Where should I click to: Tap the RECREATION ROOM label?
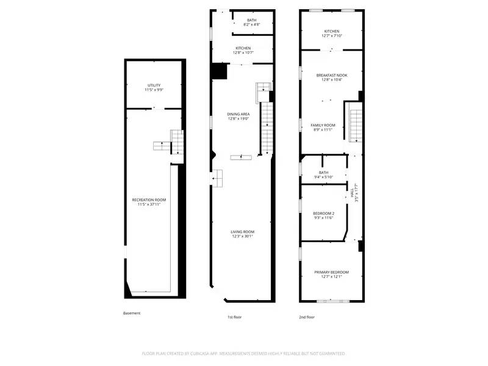pos(149,199)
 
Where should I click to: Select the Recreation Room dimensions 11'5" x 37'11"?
pos(149,204)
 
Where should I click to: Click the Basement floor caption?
pos(132,313)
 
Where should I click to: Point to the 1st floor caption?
pos(234,317)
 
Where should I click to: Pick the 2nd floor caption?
pos(307,317)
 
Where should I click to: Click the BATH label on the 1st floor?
pos(251,20)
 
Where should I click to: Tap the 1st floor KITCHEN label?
pos(243,48)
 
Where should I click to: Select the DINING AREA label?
pos(239,114)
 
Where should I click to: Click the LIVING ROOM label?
pos(242,231)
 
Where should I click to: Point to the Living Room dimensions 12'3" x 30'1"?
pos(242,236)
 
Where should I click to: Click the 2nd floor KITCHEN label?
pos(332,31)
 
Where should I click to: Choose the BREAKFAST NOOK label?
pos(332,74)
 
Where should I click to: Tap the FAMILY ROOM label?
pos(323,124)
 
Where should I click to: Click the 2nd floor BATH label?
pos(323,172)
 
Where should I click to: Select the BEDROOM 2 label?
pos(323,213)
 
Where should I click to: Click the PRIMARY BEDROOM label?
pos(332,271)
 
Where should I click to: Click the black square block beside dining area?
pos(218,71)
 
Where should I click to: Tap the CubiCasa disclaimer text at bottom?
pos(243,353)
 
